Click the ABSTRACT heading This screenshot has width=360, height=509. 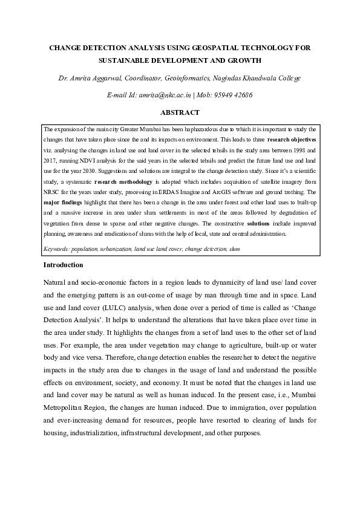[180, 112]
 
